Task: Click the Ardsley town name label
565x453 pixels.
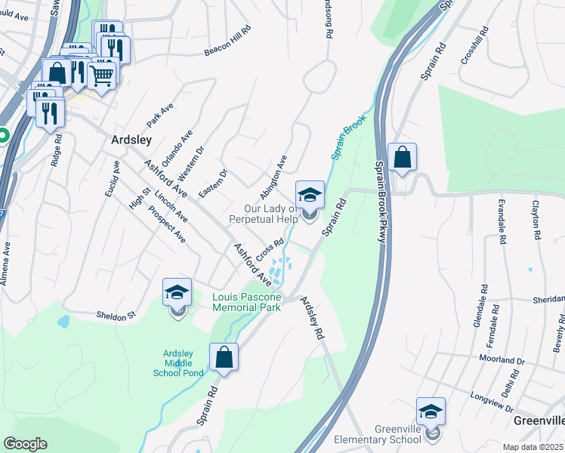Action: (x=131, y=140)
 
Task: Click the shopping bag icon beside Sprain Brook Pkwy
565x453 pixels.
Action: (x=403, y=158)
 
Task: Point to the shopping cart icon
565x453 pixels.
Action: (x=102, y=74)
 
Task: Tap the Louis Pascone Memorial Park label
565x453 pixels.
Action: (x=246, y=302)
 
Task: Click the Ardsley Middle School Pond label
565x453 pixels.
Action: (x=183, y=363)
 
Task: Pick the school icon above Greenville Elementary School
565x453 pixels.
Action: (x=431, y=411)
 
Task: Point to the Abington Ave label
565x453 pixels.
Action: (x=274, y=175)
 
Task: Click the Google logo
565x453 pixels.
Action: (x=25, y=443)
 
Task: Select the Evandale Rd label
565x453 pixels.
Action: (x=501, y=222)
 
